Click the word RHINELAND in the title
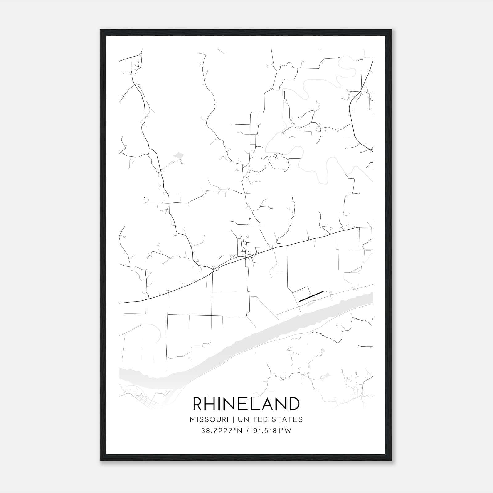pos(246,404)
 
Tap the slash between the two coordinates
pos(248,431)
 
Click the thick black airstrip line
pos(311,296)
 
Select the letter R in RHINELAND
pos(198,404)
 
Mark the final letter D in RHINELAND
pos(294,404)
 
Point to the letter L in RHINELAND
pos(255,404)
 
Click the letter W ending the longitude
pos(288,431)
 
